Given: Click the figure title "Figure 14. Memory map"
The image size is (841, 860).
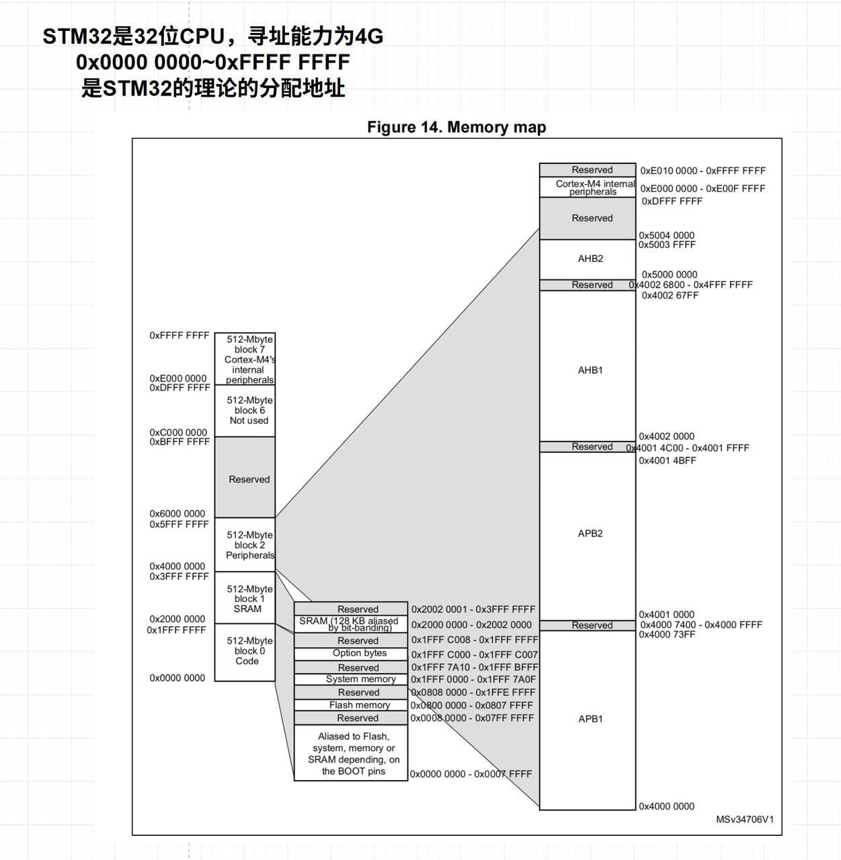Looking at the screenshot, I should tap(456, 127).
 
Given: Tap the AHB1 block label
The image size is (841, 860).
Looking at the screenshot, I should tap(590, 370).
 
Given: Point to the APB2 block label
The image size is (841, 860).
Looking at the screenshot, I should tap(590, 533).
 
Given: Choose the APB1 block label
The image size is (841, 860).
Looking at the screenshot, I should tap(590, 719).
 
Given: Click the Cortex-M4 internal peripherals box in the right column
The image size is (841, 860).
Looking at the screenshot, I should tap(588, 187).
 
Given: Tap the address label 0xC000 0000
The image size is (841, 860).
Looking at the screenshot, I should tap(178, 433).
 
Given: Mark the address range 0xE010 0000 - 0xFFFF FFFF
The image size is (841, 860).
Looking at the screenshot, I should tap(703, 171).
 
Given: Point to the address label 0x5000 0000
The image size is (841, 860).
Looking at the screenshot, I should tap(669, 275).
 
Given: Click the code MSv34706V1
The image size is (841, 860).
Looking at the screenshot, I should tap(744, 820).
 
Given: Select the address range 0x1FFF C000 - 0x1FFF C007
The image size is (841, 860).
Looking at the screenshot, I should tap(475, 654).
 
